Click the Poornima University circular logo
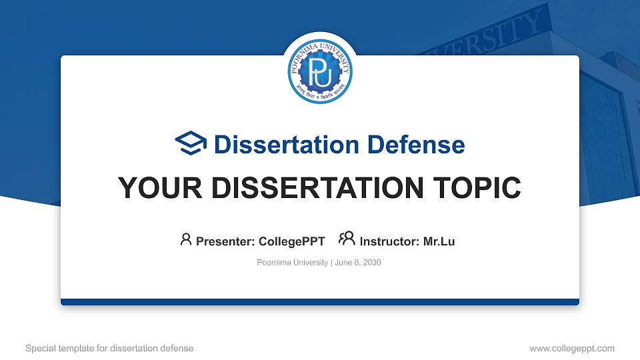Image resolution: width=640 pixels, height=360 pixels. pos(320,71)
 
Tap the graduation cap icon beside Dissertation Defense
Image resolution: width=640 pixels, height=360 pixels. pos(191,143)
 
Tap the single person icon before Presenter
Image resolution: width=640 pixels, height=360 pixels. pos(186,239)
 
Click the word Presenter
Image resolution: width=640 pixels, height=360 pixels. pos(222,241)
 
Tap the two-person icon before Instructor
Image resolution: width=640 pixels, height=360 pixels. pos(347,239)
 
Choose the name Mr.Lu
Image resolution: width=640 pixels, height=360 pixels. pos(439,241)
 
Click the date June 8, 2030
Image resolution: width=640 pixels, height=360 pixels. pos(357,263)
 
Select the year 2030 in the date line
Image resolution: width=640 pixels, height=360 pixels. pos(371,263)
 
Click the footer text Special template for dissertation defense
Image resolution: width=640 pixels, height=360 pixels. pos(109,348)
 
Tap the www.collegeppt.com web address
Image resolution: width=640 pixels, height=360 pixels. pos(572,348)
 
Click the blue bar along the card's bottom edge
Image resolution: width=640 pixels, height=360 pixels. pos(320,302)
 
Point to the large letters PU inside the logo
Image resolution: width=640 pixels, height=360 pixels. pos(320,71)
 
